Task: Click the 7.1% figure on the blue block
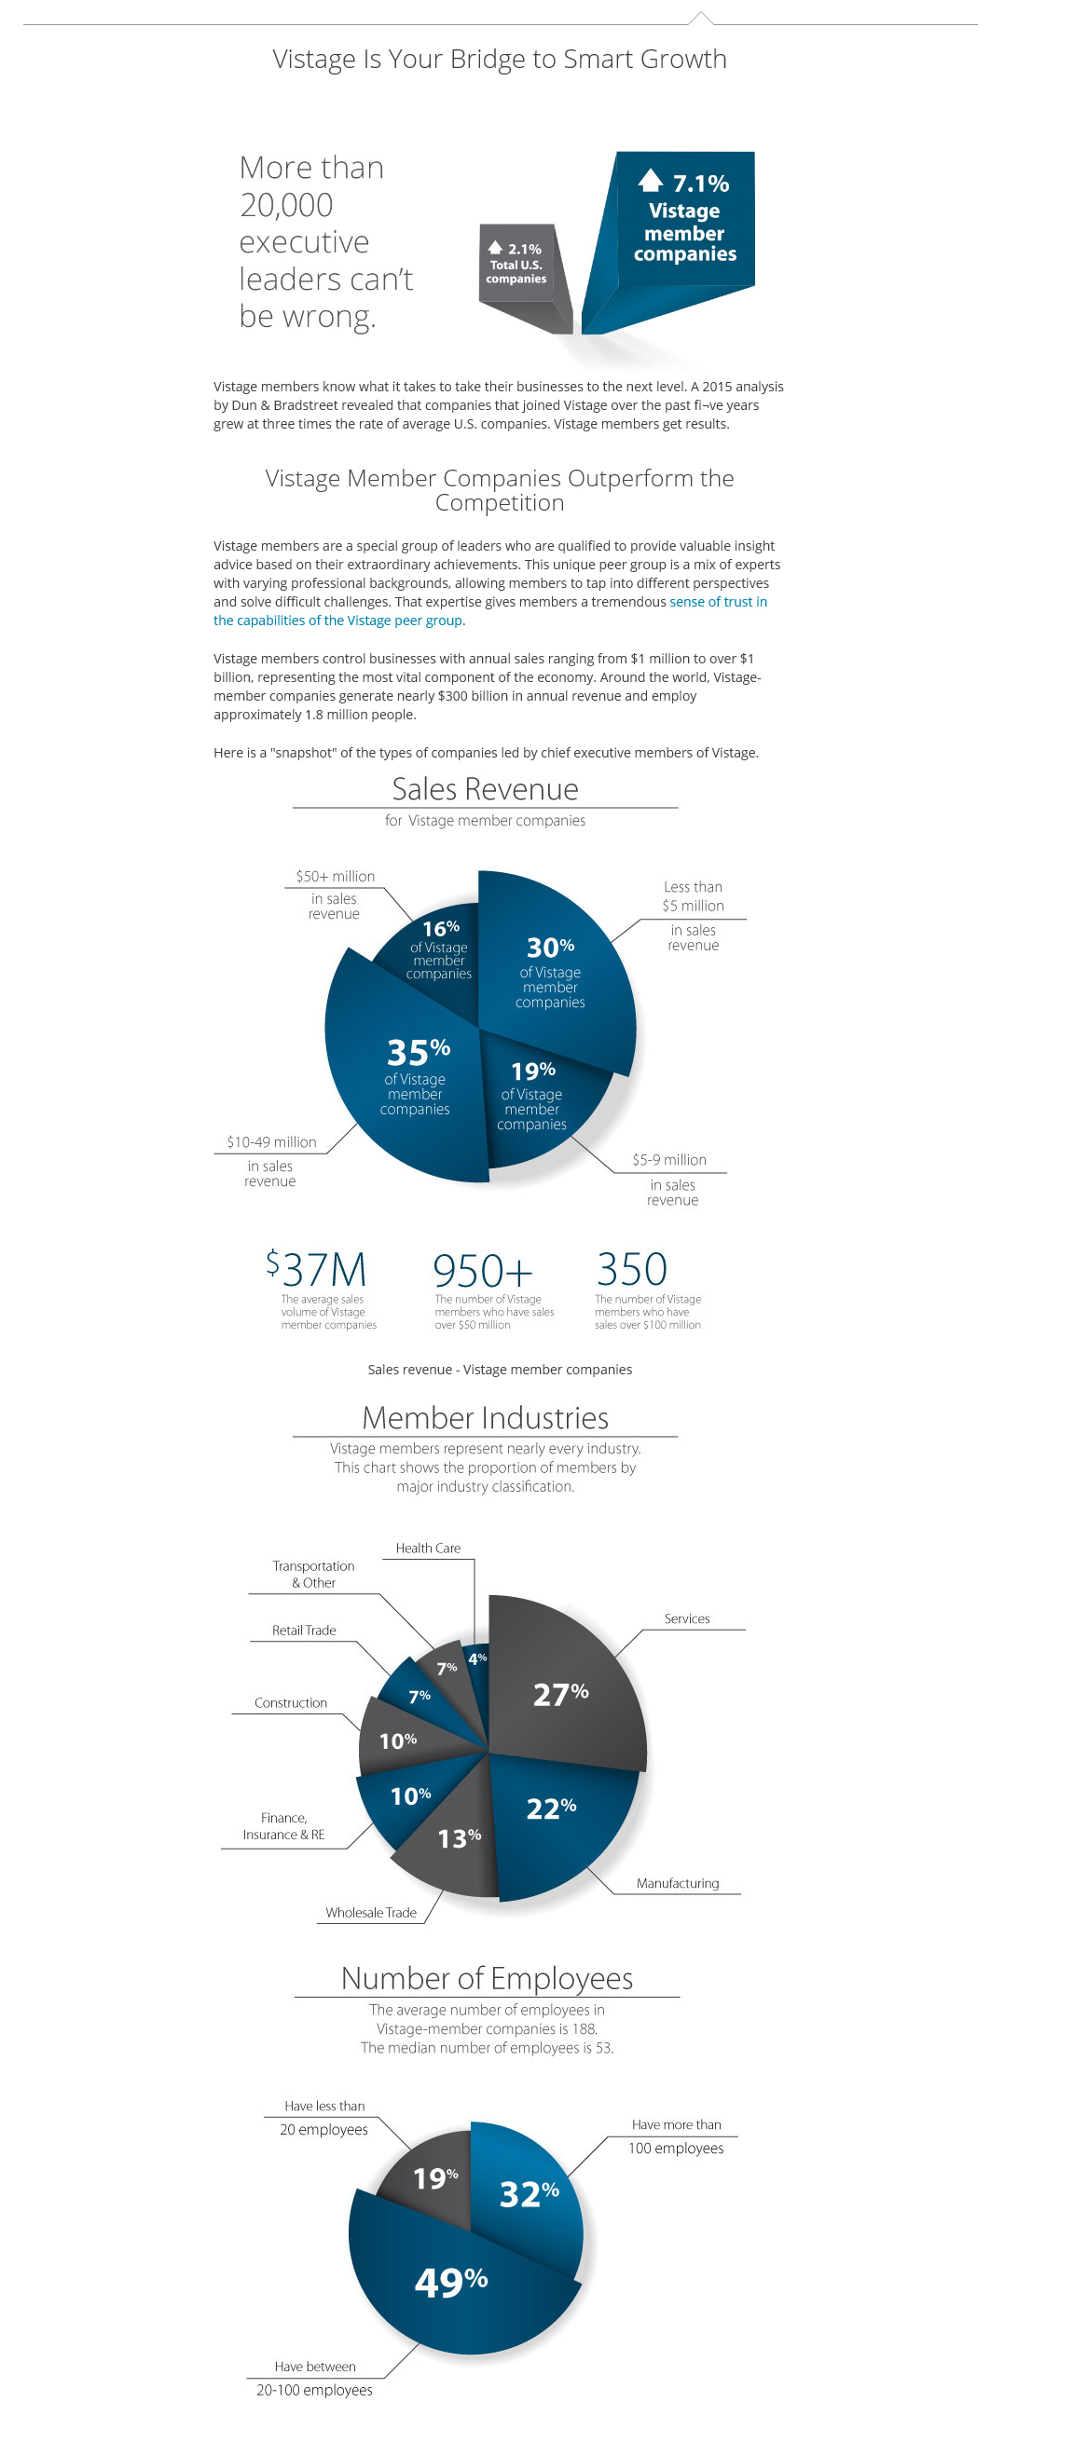tap(699, 183)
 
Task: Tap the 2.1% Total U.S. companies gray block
tap(516, 265)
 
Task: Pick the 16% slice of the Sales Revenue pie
tap(437, 949)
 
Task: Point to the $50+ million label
tap(335, 876)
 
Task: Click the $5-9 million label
tap(668, 1159)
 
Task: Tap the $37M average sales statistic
tap(317, 1269)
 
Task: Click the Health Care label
tap(428, 1548)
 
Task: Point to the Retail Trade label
tap(304, 1631)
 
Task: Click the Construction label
tap(290, 1703)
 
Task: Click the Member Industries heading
tap(485, 1418)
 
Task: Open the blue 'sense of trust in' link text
tap(717, 601)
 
